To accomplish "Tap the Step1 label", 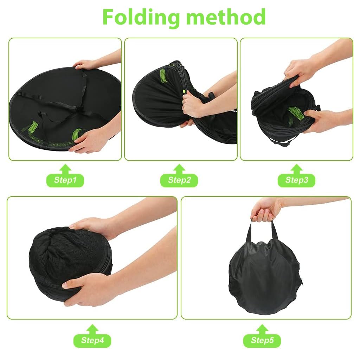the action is point(65,180).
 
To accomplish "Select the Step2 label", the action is point(179,180).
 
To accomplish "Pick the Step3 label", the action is point(297,180).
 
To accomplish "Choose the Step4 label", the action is point(92,340).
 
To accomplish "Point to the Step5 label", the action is point(262,340).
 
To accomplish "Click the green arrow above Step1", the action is point(65,169).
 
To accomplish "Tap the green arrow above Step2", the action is point(179,169).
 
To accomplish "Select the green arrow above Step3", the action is point(297,169).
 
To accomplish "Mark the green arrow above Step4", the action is point(92,329).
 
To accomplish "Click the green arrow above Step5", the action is point(262,329).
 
